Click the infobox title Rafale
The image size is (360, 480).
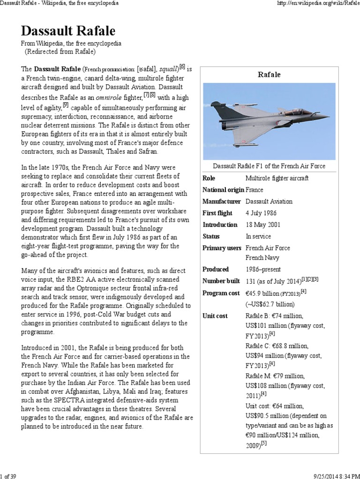[x=269, y=75]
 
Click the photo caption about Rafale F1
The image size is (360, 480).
[x=269, y=166]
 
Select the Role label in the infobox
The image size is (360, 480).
[x=210, y=178]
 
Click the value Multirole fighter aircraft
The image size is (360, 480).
[x=277, y=178]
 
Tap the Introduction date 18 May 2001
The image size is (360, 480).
[x=263, y=224]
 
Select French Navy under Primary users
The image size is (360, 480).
[x=262, y=258]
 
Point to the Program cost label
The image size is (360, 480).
[x=221, y=293]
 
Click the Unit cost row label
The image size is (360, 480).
[x=215, y=315]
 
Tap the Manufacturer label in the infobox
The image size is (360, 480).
[x=222, y=201]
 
